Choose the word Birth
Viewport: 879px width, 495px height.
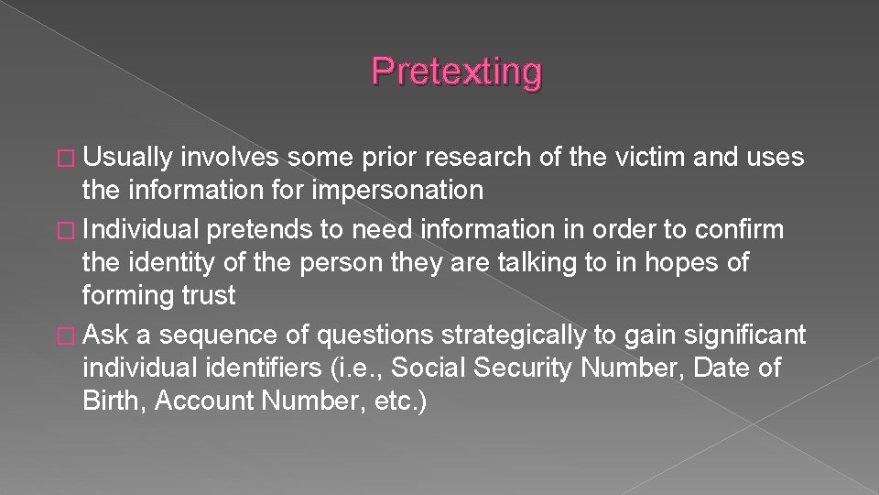113,401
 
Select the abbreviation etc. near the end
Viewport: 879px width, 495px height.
392,401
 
